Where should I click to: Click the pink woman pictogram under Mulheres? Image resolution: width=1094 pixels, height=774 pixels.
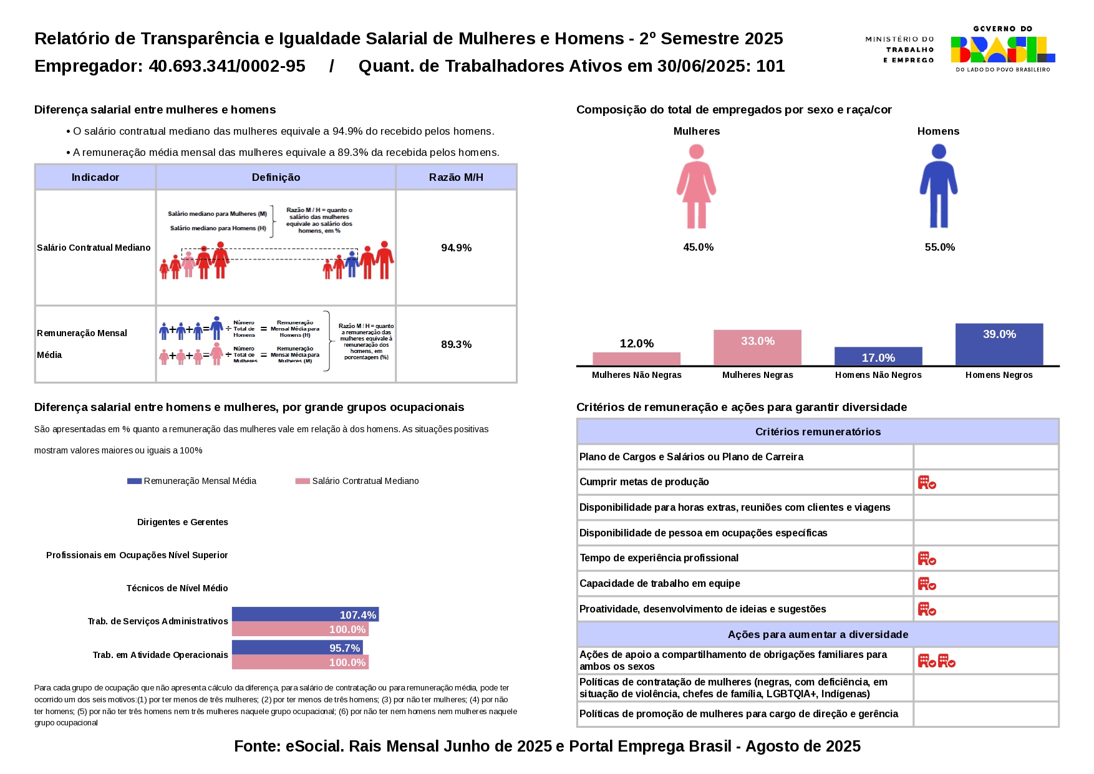click(x=696, y=186)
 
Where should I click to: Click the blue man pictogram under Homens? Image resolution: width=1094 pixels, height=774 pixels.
click(x=938, y=186)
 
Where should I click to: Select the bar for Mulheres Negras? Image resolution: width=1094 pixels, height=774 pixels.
click(x=757, y=347)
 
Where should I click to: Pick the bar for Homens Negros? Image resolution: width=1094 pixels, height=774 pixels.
click(x=999, y=344)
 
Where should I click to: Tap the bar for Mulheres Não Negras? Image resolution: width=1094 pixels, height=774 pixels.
click(x=636, y=359)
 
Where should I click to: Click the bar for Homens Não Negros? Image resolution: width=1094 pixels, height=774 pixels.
click(x=878, y=356)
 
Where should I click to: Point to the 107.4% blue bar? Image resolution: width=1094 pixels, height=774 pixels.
click(x=305, y=614)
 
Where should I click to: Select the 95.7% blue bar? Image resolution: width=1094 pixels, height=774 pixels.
click(x=297, y=647)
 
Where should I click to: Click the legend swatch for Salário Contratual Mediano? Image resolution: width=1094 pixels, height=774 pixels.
click(x=303, y=481)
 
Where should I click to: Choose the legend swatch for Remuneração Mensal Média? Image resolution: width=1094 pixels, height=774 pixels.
click(x=134, y=481)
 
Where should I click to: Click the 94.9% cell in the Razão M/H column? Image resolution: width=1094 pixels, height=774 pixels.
click(x=456, y=248)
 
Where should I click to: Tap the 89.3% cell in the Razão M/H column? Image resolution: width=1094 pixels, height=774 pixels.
click(x=456, y=344)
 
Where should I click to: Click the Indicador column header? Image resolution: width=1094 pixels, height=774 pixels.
click(x=95, y=177)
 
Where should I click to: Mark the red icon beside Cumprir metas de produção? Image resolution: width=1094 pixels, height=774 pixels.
click(x=927, y=482)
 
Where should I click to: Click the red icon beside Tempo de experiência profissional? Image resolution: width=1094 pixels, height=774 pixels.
click(x=927, y=558)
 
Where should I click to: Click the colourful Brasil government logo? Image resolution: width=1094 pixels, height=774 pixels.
click(x=1002, y=49)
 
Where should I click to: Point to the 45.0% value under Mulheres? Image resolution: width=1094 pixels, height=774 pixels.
click(x=698, y=247)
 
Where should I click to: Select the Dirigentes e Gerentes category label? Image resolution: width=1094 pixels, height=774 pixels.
click(x=182, y=522)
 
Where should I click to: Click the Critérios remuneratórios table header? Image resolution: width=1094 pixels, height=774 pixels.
click(x=818, y=432)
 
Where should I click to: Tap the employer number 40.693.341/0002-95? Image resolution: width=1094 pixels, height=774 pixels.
click(x=226, y=66)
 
